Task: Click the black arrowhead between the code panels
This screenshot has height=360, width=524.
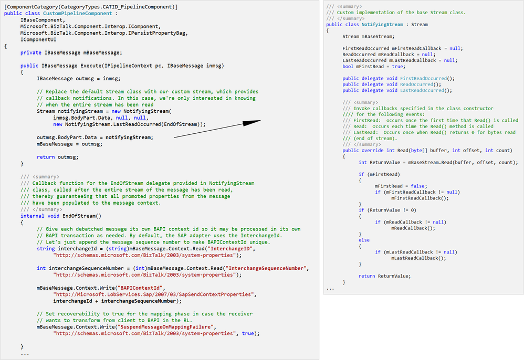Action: (x=251, y=123)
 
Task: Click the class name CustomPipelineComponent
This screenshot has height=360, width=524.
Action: (x=78, y=13)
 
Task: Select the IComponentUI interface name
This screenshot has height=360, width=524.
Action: (x=38, y=39)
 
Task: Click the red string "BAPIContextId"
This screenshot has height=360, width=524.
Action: (x=140, y=288)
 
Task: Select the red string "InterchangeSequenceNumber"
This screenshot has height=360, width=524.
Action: (x=266, y=268)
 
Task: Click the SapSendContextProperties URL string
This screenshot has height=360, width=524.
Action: (x=154, y=294)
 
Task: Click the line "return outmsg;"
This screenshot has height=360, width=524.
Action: (x=57, y=157)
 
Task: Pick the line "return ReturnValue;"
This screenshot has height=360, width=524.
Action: (x=385, y=276)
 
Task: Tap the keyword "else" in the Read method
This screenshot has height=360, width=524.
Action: (x=364, y=240)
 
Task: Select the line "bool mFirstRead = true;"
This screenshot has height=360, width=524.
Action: (x=374, y=67)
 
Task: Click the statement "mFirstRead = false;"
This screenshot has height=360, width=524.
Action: (x=401, y=186)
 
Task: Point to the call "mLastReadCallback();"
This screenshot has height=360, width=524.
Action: (x=419, y=258)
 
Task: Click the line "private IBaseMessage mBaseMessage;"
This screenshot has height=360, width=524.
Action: (x=71, y=53)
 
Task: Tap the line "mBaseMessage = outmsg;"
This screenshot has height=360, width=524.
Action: (x=69, y=144)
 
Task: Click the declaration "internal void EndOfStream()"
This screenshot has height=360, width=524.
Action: (x=61, y=216)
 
